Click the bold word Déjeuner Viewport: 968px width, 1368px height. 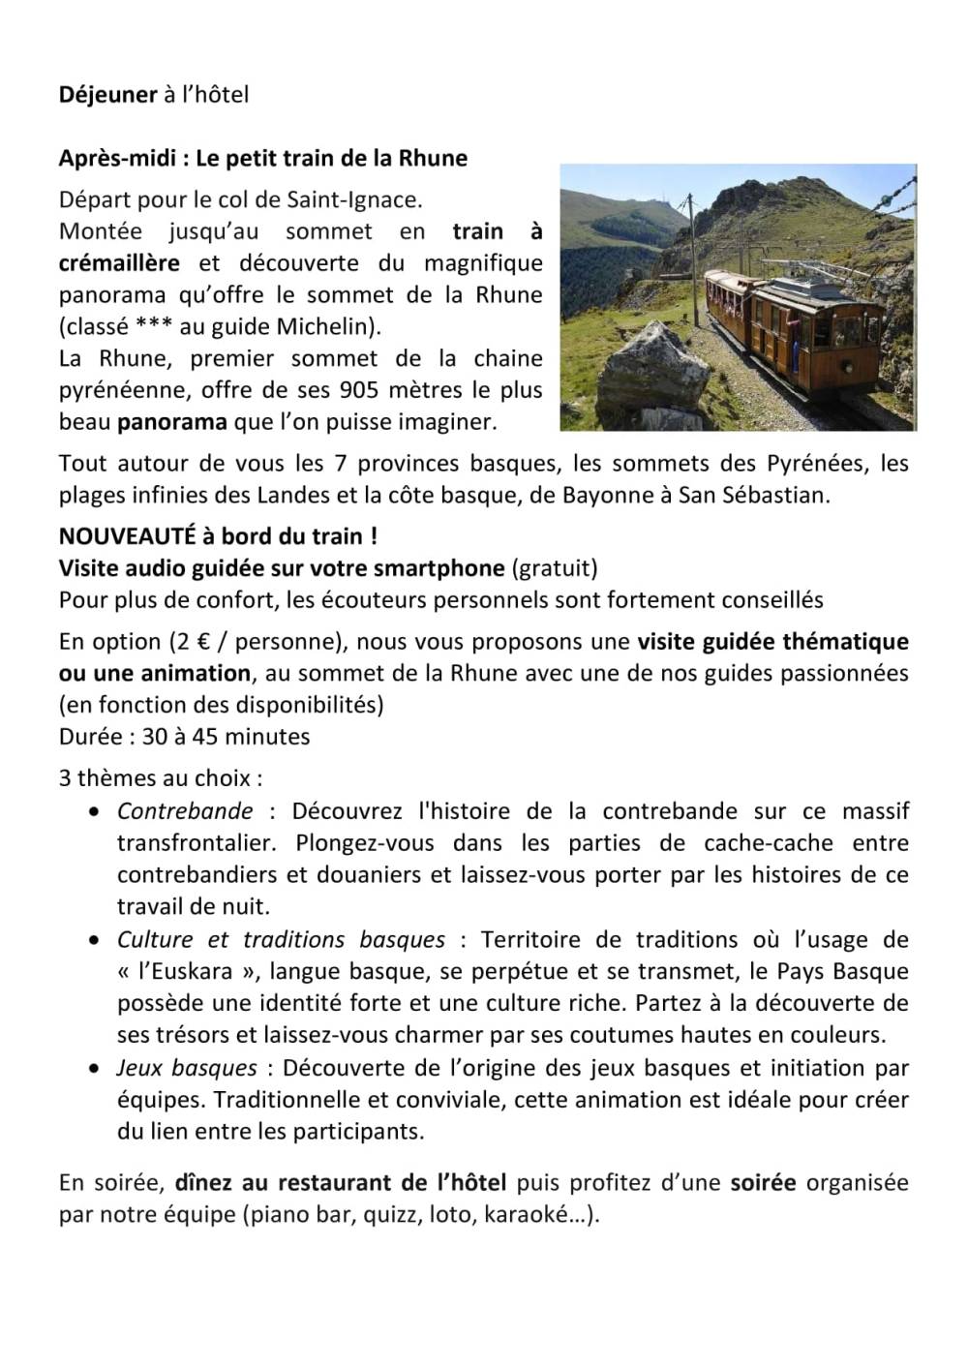pos(107,95)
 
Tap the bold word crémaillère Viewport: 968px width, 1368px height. pos(119,263)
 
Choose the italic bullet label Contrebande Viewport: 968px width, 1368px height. pos(185,811)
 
